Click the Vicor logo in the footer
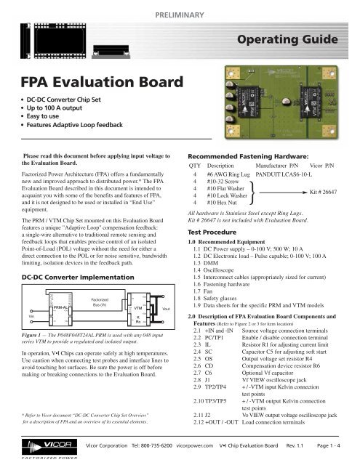coord(36,444)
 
